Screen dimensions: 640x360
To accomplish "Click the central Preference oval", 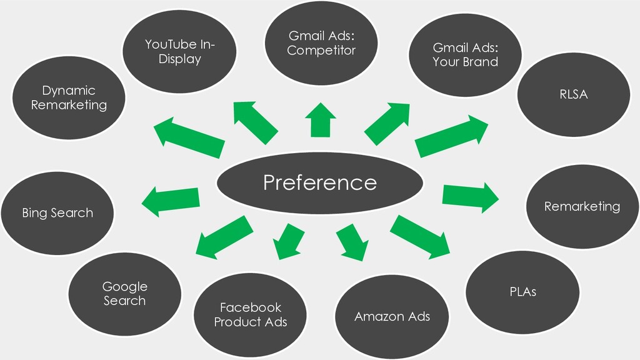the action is pos(320,183).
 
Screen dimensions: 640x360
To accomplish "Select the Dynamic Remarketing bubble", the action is pos(69,97).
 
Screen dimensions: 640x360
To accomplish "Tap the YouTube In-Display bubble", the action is pos(179,51).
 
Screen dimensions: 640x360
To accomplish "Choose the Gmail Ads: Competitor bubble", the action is pos(321,43).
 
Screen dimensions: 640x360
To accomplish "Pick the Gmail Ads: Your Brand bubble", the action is pos(465,55).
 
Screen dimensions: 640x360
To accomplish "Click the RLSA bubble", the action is pos(574,95).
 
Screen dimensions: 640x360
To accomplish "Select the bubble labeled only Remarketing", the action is pos(582,206).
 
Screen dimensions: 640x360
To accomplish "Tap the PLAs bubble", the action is pos(522,292).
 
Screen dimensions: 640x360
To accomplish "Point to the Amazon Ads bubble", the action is pos(392,317).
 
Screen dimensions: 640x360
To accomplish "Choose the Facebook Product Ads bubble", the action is pos(250,315).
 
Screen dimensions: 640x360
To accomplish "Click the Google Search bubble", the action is pos(124,294).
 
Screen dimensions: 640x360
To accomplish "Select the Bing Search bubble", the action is pos(57,213).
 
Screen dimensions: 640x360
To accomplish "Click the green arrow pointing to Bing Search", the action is pos(171,201).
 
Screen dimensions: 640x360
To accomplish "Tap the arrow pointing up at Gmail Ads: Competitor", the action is pos(321,119).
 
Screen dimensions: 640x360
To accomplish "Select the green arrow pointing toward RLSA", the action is pos(451,136).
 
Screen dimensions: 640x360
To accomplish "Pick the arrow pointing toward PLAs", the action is pos(419,237).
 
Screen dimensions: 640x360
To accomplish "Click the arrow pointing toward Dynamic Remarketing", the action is pos(189,137).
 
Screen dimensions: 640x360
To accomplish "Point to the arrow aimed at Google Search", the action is pos(224,237).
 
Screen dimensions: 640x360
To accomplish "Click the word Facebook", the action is pos(251,307).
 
